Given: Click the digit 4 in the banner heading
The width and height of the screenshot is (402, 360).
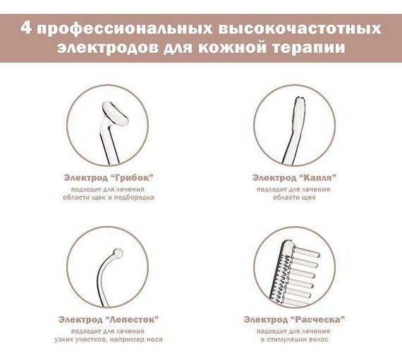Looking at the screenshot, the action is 25,28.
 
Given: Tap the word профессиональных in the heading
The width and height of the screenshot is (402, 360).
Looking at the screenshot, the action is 125,29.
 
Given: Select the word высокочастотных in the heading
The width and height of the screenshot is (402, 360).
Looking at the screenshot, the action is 300,29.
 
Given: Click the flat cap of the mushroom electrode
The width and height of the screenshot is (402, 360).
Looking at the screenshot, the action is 115,113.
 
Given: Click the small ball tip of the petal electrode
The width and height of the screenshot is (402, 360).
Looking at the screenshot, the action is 118,253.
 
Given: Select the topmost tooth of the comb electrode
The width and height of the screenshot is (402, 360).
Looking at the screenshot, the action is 306,252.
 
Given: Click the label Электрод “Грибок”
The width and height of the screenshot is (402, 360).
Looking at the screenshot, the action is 109,178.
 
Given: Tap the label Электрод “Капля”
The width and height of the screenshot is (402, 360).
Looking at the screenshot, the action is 294,178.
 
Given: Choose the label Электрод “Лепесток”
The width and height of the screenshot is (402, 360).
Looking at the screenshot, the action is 108,320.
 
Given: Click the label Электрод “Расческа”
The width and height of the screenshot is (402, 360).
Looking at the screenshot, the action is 294,320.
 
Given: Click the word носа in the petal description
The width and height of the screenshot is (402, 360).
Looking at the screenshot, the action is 154,340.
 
